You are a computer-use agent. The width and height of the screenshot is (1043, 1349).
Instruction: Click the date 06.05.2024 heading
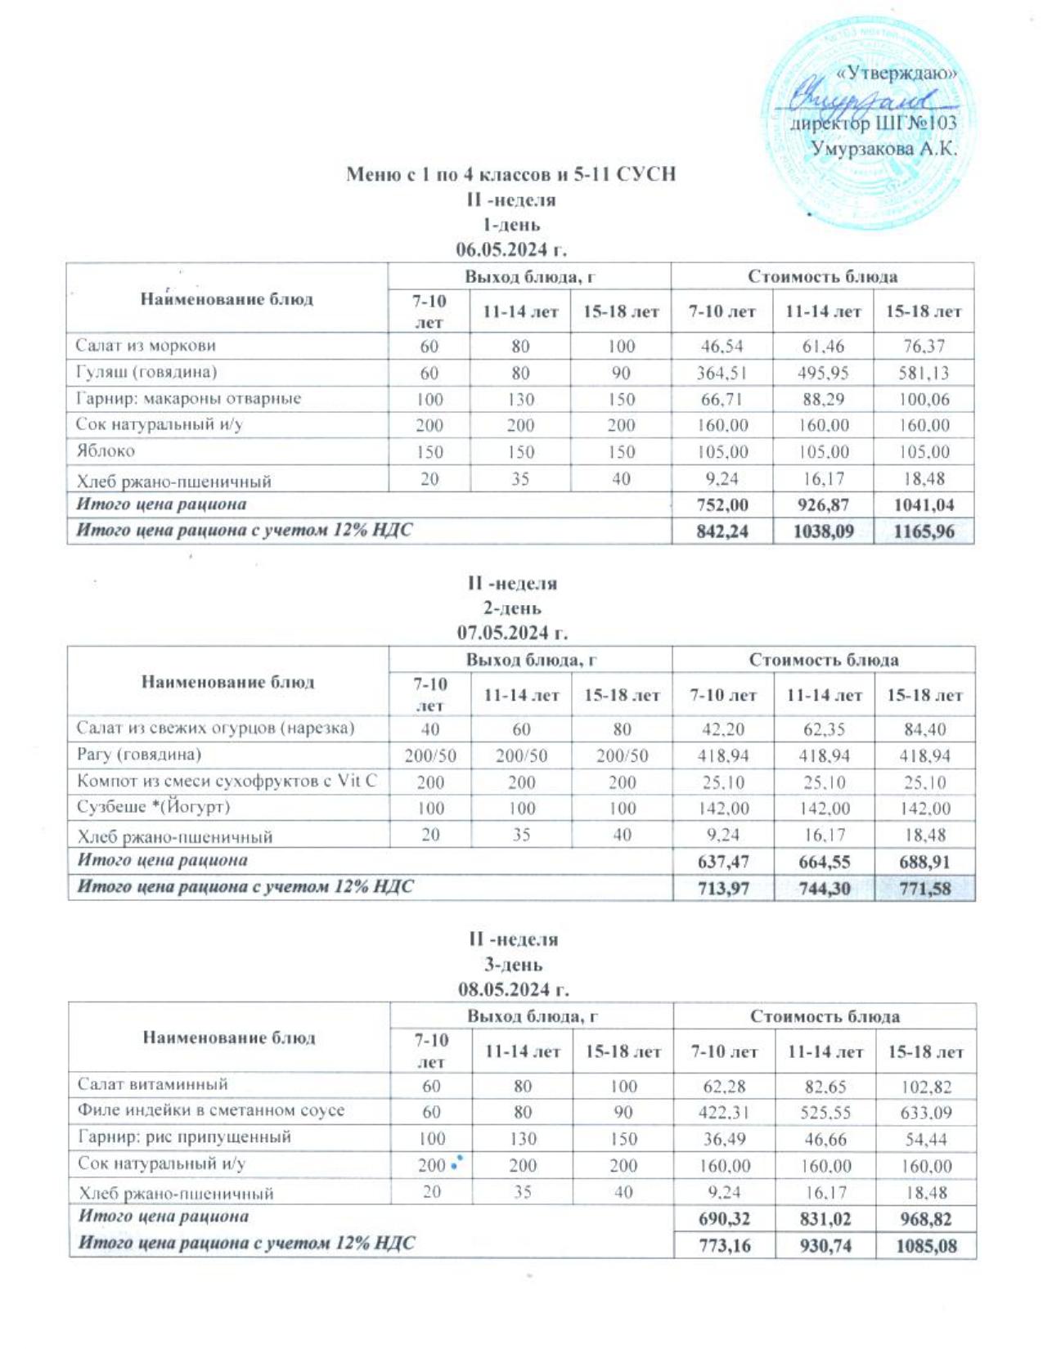(x=511, y=249)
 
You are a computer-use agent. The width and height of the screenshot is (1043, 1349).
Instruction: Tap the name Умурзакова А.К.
(x=883, y=149)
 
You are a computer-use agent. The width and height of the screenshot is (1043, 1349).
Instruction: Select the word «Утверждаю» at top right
(x=897, y=73)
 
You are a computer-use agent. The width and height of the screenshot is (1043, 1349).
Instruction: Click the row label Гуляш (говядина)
(x=146, y=372)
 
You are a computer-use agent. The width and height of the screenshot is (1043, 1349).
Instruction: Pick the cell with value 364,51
(x=722, y=373)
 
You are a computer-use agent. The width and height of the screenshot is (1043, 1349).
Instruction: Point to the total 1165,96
(x=924, y=531)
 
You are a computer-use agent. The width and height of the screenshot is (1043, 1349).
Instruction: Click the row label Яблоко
(x=106, y=450)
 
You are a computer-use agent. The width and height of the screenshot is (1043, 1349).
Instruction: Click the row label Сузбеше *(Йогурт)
(x=154, y=806)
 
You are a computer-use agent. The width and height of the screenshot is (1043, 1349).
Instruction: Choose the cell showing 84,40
(x=925, y=729)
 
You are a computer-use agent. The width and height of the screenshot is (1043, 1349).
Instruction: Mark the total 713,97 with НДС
(x=723, y=888)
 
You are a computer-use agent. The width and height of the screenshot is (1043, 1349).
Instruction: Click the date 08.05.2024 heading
(x=513, y=988)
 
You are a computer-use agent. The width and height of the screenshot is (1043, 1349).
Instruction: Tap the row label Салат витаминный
(x=153, y=1084)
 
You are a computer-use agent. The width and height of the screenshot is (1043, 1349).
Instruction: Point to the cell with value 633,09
(x=926, y=1113)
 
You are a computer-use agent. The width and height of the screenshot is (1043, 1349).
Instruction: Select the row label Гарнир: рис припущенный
(x=185, y=1136)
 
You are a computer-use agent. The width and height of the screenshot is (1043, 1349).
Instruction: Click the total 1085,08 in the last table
(x=926, y=1247)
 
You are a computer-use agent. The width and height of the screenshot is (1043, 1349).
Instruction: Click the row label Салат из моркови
(x=146, y=345)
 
